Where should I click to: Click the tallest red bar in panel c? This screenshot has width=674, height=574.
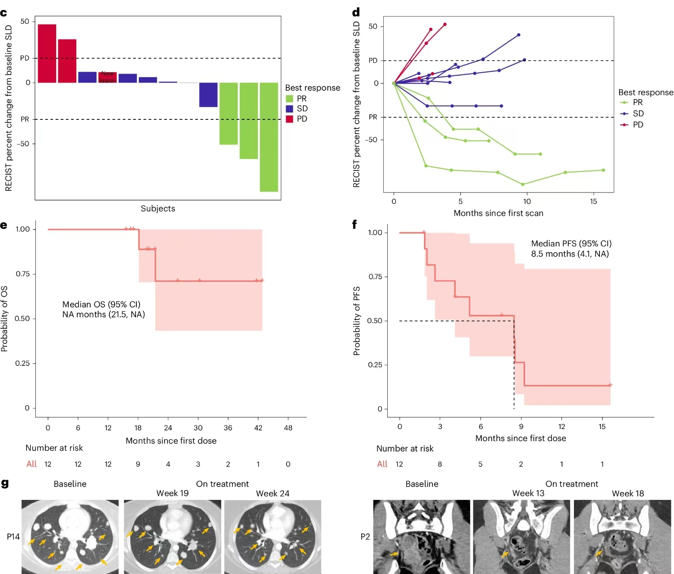47,53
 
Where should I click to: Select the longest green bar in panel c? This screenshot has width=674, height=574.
269,137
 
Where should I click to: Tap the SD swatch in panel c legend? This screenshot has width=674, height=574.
289,109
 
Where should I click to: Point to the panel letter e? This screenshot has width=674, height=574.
4,225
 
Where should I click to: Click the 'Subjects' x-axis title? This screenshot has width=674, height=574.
158,208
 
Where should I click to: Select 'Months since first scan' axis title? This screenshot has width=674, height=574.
498,213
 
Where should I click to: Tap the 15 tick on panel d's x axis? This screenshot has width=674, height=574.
593,202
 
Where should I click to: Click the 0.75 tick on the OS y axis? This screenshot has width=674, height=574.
22,274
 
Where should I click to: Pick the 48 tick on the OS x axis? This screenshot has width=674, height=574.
288,428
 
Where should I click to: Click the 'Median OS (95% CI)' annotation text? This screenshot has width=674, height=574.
101,304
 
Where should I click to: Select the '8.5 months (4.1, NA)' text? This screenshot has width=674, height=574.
570,254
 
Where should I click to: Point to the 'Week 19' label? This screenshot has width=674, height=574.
172,493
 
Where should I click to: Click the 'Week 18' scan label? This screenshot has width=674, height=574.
628,494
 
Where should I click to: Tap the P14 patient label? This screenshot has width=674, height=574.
13,537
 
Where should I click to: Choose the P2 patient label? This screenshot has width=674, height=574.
365,537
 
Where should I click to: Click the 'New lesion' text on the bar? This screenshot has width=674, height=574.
108,77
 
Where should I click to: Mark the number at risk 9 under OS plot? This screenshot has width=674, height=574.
138,464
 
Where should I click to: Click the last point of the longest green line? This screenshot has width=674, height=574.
603,170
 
